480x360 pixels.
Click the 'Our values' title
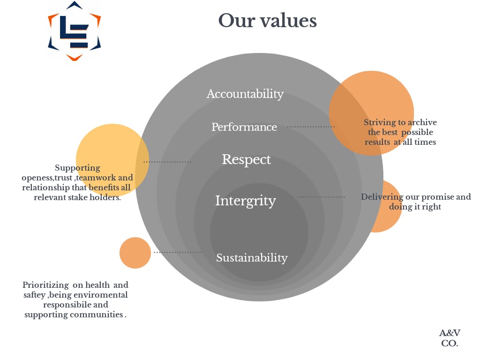[267, 21]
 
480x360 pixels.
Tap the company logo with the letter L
[75, 31]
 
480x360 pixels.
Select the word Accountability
[245, 94]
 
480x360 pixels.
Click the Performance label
[244, 127]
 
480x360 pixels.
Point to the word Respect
[247, 159]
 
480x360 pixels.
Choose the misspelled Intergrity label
[246, 201]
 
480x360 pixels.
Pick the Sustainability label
[252, 258]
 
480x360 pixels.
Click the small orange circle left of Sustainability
[135, 253]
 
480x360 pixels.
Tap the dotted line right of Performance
[311, 127]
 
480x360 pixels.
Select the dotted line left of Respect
[167, 162]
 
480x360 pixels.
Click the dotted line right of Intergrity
[321, 197]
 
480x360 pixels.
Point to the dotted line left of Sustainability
[178, 252]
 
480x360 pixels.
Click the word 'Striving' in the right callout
[380, 122]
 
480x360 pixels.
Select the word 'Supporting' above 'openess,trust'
[77, 168]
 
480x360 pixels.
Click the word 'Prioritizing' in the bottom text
[45, 285]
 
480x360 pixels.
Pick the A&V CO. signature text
[450, 338]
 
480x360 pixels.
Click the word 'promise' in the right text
[437, 197]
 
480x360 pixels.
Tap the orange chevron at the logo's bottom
[74, 58]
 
